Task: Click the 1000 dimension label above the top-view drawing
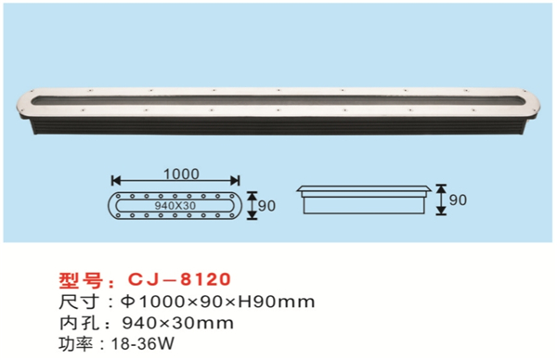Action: (x=181, y=174)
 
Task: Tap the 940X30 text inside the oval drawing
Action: (x=175, y=206)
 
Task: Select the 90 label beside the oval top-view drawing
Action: (x=266, y=206)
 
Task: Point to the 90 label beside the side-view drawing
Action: (x=458, y=199)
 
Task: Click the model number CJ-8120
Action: (x=179, y=279)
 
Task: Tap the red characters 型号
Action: (x=81, y=280)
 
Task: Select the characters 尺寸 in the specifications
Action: (x=79, y=302)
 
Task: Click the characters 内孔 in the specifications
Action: (x=79, y=323)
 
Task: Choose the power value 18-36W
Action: (x=143, y=343)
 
